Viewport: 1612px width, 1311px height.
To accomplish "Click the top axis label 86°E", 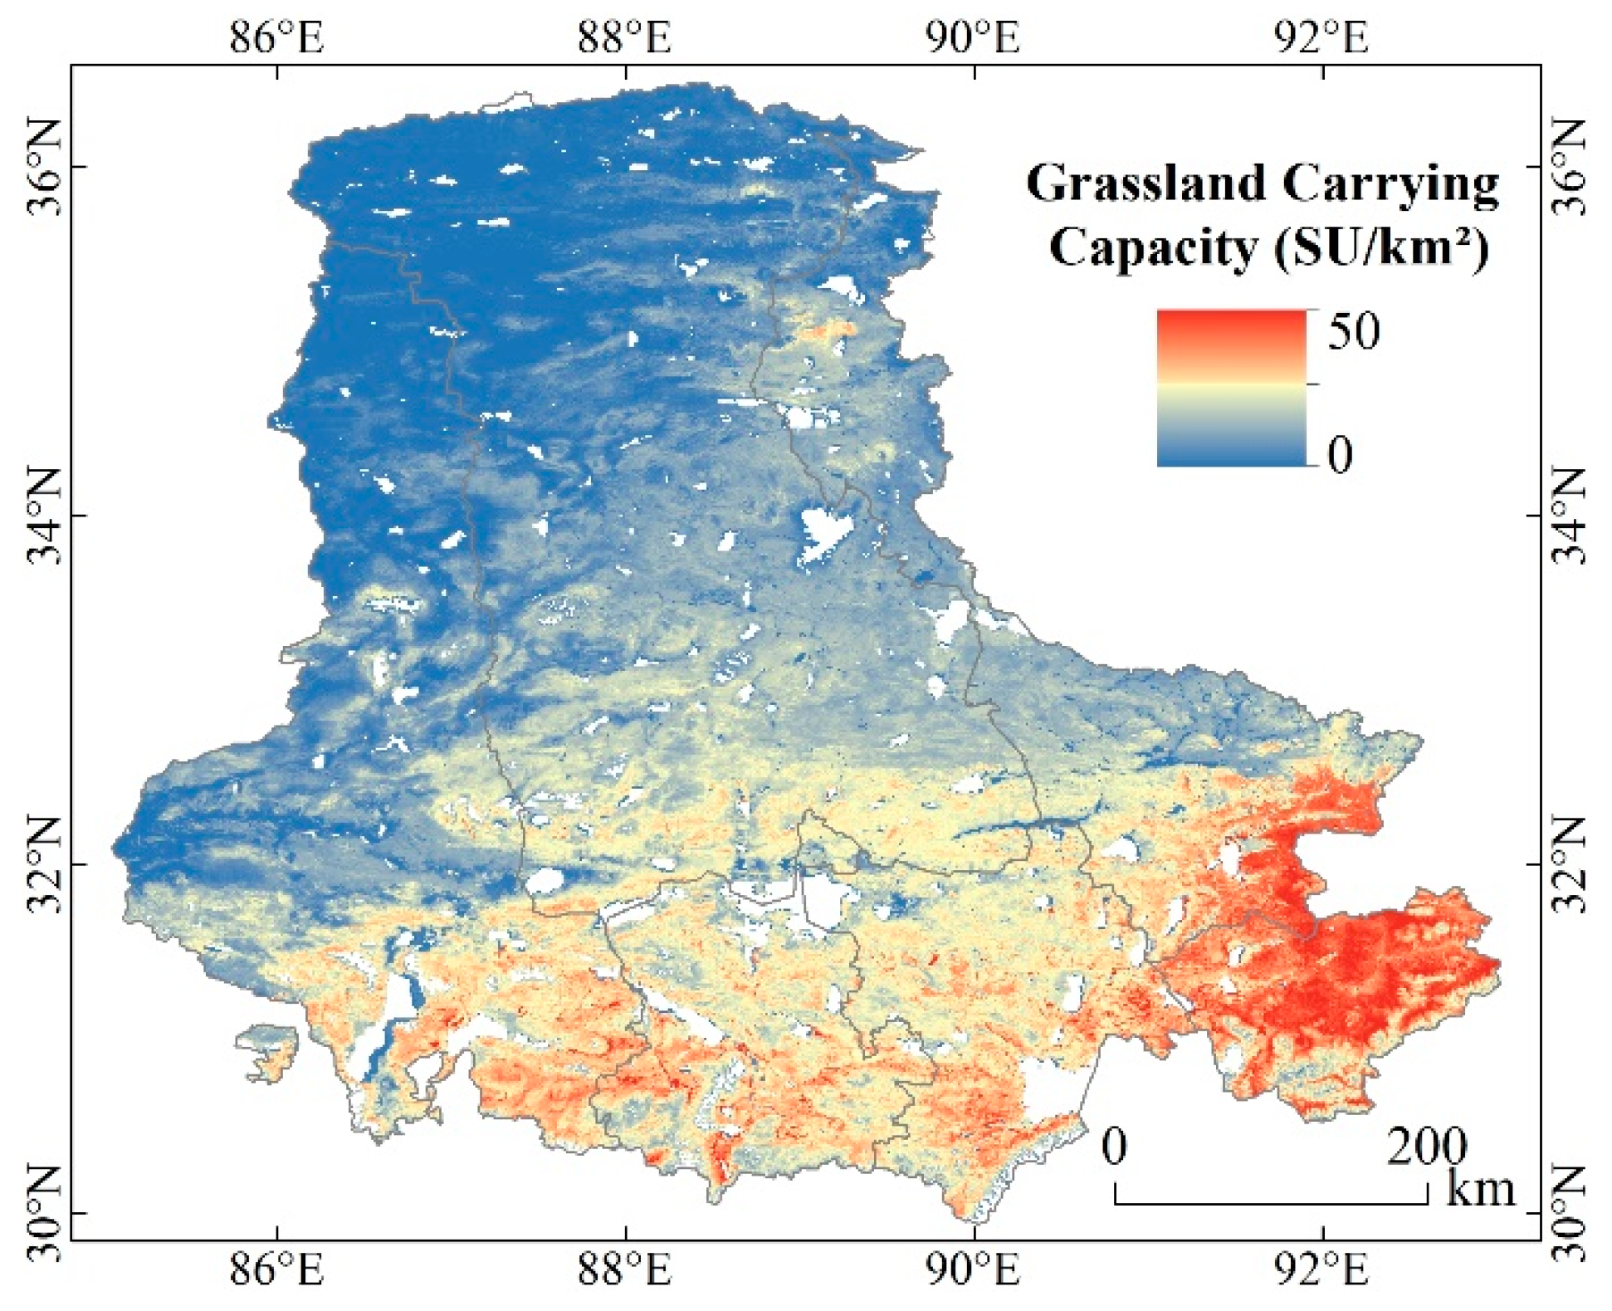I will pyautogui.click(x=276, y=37).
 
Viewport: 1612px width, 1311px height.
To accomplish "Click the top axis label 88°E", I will pyautogui.click(x=624, y=37).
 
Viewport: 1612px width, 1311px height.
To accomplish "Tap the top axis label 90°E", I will pyautogui.click(x=973, y=37).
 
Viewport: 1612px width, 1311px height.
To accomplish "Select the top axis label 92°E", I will pyautogui.click(x=1321, y=37).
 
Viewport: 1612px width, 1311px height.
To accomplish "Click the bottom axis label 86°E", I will pyautogui.click(x=276, y=1269).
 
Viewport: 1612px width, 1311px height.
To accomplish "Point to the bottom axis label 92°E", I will pyautogui.click(x=1321, y=1269).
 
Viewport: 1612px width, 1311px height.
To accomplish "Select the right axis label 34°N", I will pyautogui.click(x=1568, y=516).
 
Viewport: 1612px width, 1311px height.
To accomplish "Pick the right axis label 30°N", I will pyautogui.click(x=1568, y=1213).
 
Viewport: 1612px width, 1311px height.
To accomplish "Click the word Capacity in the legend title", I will pyautogui.click(x=1153, y=247).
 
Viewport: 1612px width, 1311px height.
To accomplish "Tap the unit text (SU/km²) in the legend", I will pyautogui.click(x=1381, y=247).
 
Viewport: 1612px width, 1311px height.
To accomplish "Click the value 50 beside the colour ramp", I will pyautogui.click(x=1354, y=330).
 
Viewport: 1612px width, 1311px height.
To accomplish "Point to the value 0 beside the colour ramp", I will pyautogui.click(x=1340, y=454).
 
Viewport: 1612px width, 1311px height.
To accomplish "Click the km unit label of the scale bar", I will pyautogui.click(x=1480, y=1188).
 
